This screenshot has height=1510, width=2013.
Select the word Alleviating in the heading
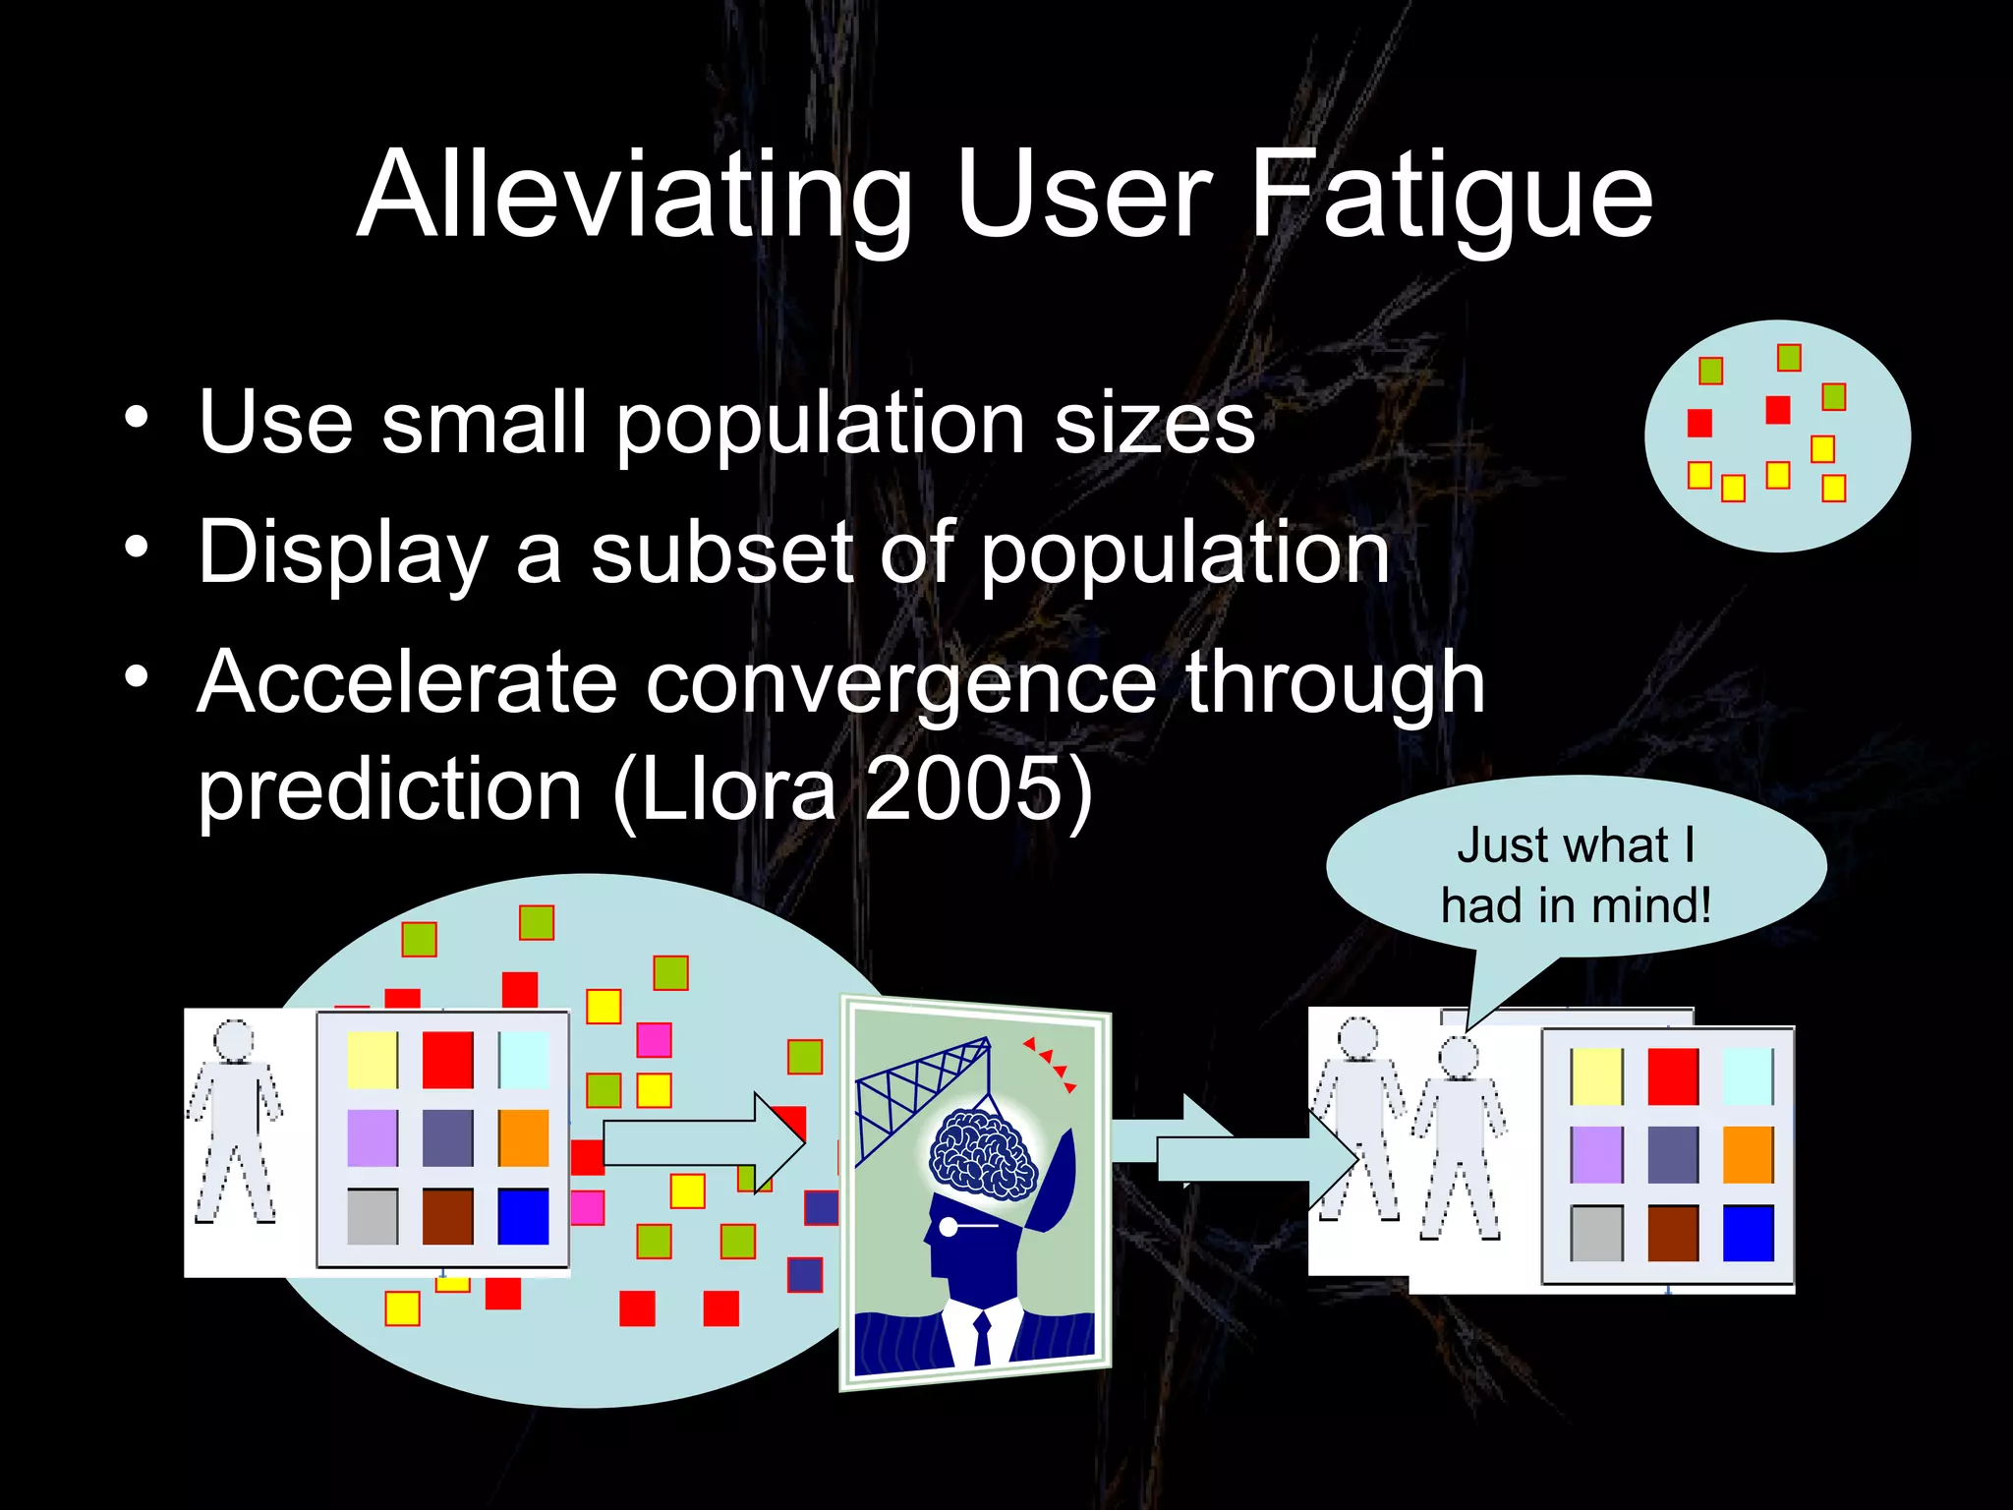point(634,197)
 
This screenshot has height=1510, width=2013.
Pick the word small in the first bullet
point(484,423)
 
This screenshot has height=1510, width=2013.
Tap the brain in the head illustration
point(983,1153)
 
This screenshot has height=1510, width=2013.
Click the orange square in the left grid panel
point(523,1137)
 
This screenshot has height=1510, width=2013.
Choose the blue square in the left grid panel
point(523,1216)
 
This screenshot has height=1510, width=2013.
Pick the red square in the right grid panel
point(1673,1076)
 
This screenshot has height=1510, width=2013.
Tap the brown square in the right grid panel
point(1673,1233)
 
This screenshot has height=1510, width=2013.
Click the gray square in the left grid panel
point(373,1216)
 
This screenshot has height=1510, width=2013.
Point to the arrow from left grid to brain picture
point(703,1142)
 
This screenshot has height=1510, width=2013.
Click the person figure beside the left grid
point(235,1121)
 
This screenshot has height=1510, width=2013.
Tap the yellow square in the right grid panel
point(1596,1076)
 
